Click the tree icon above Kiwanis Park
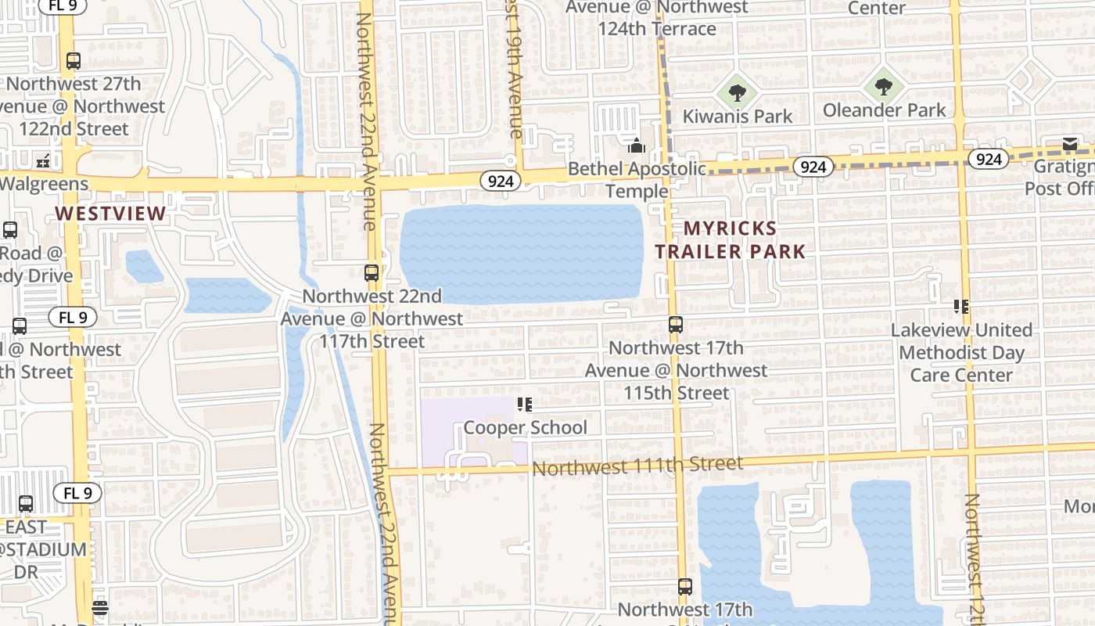737,93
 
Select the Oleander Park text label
884,110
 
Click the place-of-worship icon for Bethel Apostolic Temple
637,146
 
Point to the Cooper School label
525,427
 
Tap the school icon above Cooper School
524,405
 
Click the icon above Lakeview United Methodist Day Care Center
961,307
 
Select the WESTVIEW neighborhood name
110,214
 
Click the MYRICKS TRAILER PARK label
730,239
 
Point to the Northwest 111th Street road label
637,466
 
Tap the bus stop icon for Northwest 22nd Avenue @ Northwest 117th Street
372,273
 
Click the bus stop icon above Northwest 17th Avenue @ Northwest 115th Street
676,324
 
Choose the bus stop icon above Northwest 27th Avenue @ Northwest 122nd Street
74,60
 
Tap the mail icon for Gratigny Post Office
1070,144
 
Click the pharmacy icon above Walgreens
43,161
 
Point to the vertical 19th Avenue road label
515,70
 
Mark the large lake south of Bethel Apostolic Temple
522,254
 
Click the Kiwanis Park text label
737,117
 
